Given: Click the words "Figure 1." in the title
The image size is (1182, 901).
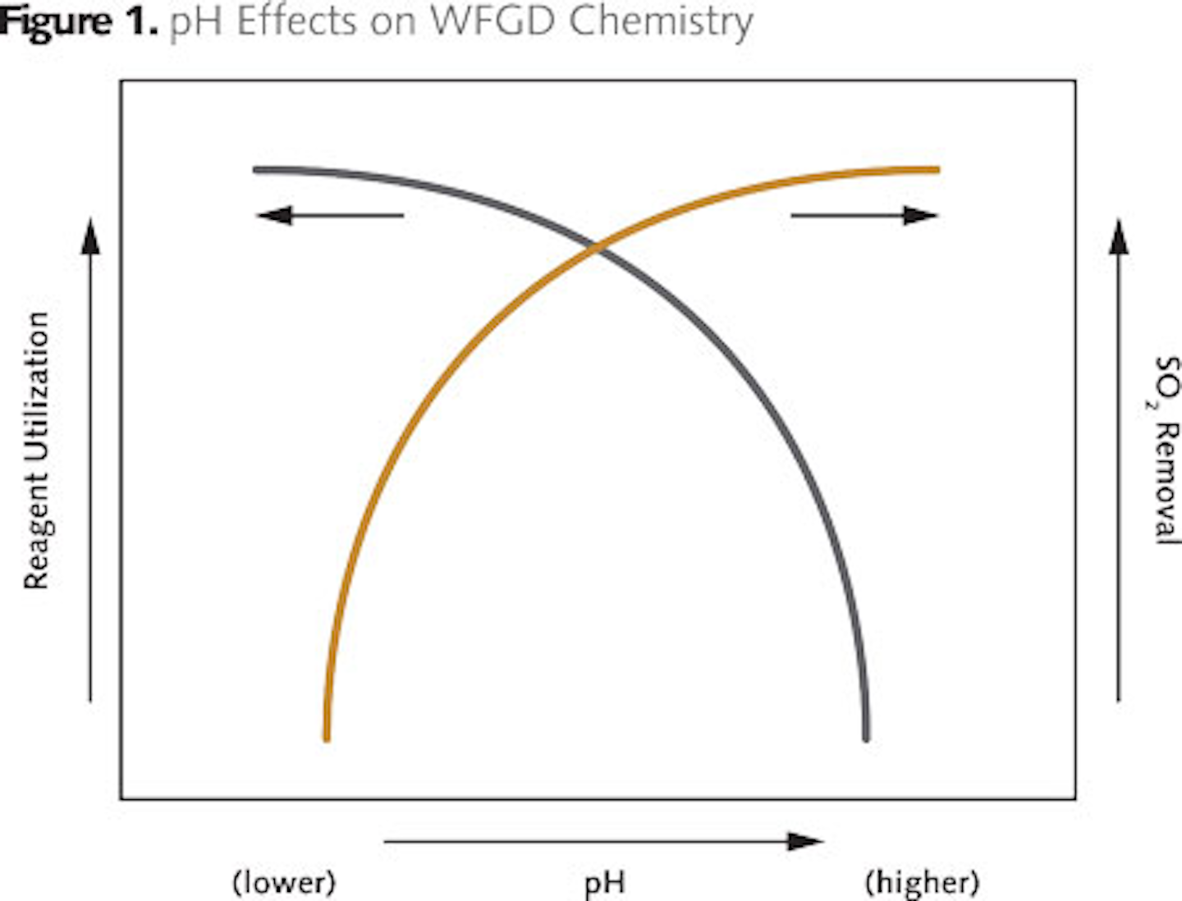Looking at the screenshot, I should coord(78,21).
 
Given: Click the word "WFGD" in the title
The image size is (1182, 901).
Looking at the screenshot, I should coord(493,21).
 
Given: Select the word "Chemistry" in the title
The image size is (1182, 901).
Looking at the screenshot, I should coord(660,21).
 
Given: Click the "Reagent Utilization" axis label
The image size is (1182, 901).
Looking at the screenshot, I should coord(36,450).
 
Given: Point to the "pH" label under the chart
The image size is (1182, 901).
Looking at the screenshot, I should coord(605,884).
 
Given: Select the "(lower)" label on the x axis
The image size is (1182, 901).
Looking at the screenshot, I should coord(284,884).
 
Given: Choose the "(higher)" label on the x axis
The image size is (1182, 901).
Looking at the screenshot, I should coord(922,884).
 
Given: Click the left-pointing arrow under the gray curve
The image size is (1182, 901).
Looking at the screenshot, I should coord(329,216).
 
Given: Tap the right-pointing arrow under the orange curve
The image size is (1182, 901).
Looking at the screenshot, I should coord(864,216).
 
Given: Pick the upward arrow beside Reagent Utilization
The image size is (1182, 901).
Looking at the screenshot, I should coord(90,460).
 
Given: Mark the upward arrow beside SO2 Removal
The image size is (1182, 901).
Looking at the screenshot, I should coord(1118,460).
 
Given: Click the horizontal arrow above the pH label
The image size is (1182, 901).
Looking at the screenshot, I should coord(603,841).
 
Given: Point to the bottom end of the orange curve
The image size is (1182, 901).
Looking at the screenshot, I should coord(327,736).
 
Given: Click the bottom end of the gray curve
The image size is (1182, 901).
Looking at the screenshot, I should coord(866,736).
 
